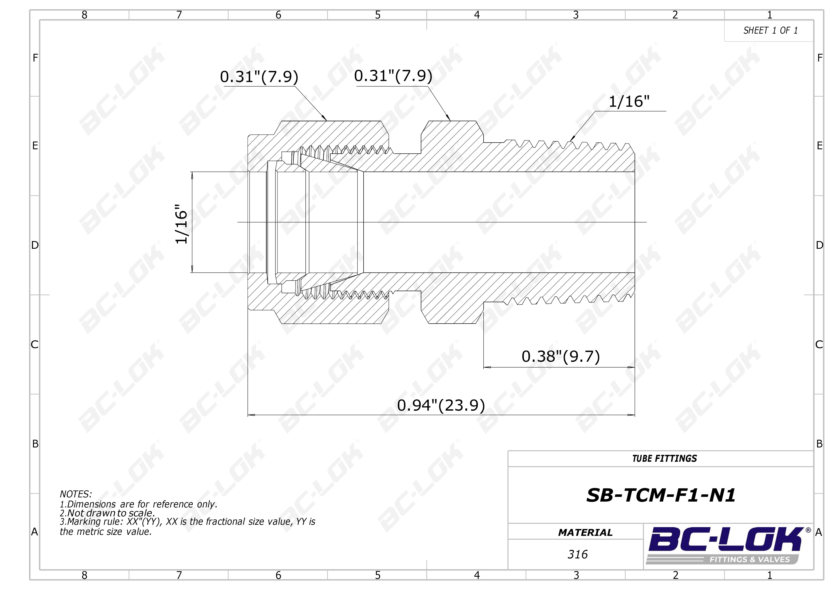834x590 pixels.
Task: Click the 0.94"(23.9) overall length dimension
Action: click(x=441, y=405)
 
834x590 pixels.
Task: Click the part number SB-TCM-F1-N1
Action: click(x=661, y=495)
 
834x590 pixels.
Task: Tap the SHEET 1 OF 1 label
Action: click(x=770, y=31)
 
